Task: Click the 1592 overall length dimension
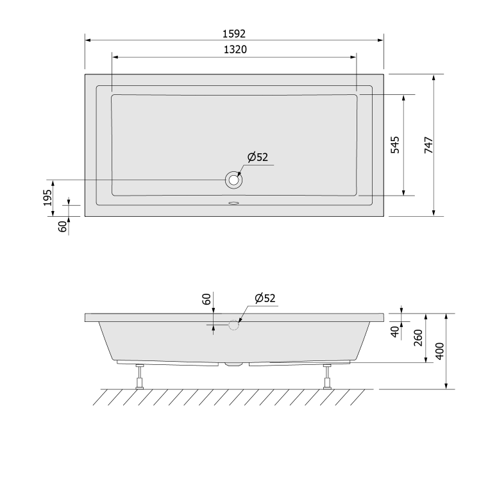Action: pos(234,34)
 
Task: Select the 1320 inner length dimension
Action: pos(235,49)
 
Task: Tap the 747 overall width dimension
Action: pos(428,145)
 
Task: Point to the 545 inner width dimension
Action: pos(396,145)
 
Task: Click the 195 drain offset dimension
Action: pos(47,198)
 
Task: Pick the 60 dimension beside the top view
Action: pos(63,226)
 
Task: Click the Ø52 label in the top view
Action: pos(258,157)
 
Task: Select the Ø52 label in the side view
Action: pos(265,298)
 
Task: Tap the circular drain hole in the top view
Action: pos(233,180)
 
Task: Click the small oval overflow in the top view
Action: pos(233,203)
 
